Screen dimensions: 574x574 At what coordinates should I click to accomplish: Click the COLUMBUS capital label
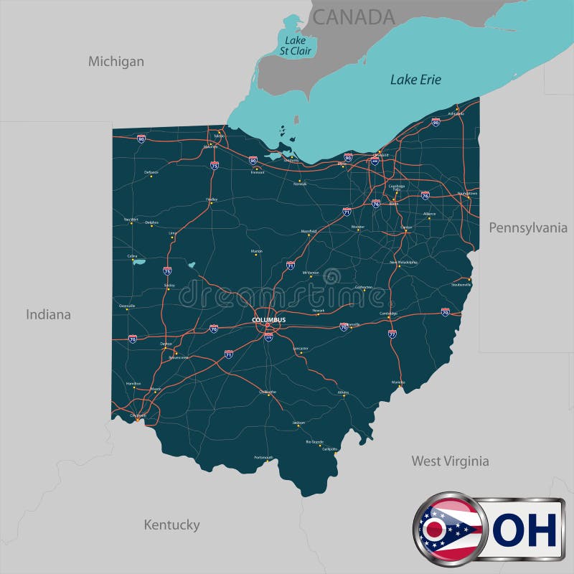point(268,319)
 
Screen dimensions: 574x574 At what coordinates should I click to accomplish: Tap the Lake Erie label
point(415,80)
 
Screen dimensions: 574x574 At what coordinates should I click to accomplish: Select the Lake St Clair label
point(296,46)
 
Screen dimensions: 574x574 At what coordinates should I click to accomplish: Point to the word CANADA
point(354,17)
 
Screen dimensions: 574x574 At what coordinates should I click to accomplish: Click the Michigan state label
point(116,62)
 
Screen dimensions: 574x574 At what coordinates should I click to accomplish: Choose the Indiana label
point(49,314)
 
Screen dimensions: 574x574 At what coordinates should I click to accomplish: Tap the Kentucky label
point(171,524)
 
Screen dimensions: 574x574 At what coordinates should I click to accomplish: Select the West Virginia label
point(450,461)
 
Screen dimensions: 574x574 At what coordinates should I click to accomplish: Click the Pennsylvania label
point(528,227)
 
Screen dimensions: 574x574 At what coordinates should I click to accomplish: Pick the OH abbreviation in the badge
point(527,531)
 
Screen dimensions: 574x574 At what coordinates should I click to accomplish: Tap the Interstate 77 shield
point(392,334)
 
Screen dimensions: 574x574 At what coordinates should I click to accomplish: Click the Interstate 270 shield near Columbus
point(268,337)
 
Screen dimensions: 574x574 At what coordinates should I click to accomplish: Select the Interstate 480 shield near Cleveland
point(375,161)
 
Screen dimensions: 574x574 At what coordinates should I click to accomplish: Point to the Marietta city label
point(397,382)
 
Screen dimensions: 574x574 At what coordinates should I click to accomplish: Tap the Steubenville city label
point(461,285)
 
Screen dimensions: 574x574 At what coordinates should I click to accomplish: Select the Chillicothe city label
point(267,392)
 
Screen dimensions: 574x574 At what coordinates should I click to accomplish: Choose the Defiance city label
point(151,172)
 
